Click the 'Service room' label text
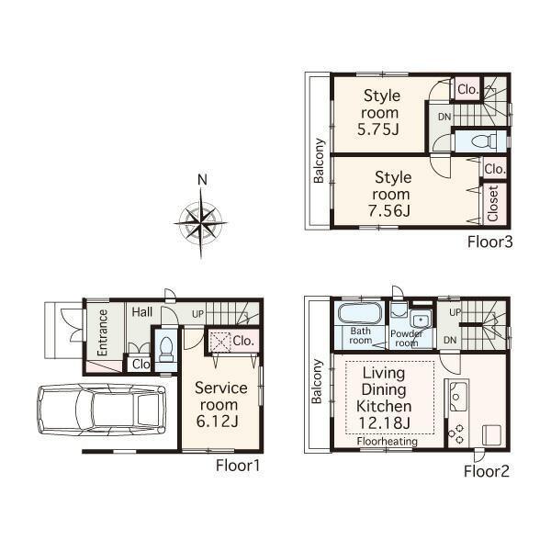coord(219,396)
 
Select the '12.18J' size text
coord(386,422)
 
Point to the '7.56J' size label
coord(391,211)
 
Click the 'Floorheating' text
coord(388,442)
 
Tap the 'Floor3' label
coord(489,242)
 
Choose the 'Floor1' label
coord(239,466)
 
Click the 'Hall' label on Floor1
coord(141,313)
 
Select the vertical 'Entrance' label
coord(103,332)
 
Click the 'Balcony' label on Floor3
coord(320,161)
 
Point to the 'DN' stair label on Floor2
coord(450,340)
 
